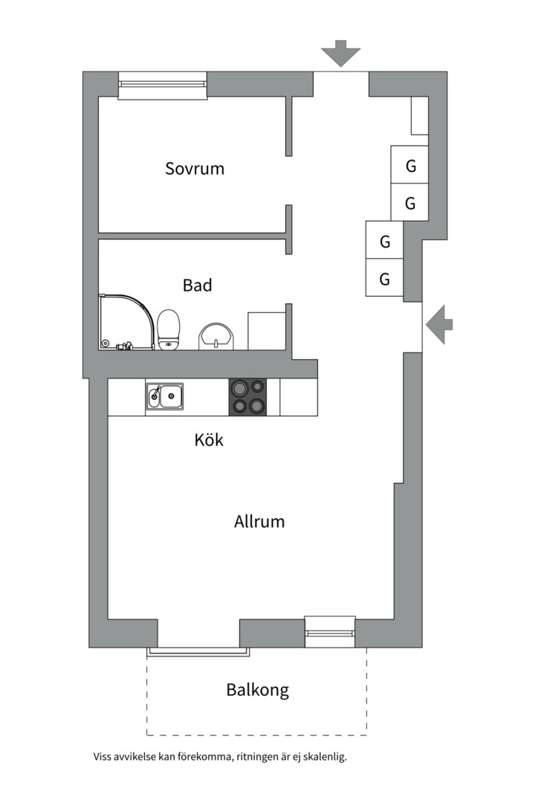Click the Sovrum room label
[195, 169]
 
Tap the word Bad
[197, 286]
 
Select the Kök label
[209, 439]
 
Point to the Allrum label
[259, 521]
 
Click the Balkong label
[258, 690]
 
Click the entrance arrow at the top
[341, 54]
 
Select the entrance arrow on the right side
[439, 324]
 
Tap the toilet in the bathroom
[169, 330]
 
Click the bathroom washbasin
[216, 337]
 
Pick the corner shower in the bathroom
[126, 322]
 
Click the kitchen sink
[165, 396]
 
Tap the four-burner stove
[247, 396]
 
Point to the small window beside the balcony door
[330, 631]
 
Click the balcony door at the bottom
[198, 651]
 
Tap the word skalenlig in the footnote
[325, 756]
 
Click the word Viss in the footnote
[102, 756]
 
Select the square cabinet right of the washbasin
[266, 331]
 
